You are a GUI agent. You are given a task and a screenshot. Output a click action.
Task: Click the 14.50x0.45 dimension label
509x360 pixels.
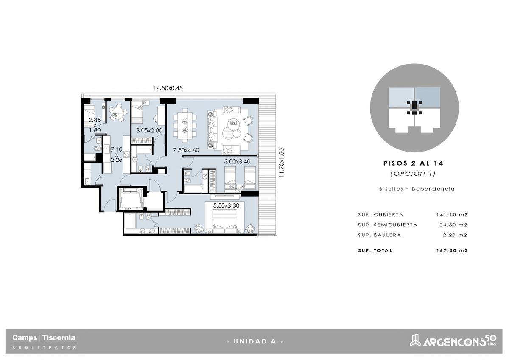point(168,88)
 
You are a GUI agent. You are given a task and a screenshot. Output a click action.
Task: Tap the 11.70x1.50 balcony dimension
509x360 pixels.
point(282,163)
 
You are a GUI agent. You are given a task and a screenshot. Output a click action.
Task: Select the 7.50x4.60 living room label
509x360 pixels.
point(186,150)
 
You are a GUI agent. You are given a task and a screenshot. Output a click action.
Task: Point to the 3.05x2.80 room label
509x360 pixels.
point(149,130)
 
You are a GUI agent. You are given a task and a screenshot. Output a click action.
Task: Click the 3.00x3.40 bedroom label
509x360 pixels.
point(237,162)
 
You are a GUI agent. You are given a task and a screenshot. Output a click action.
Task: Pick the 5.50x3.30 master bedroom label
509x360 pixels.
point(226,206)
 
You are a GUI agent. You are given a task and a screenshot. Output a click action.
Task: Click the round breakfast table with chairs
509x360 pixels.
point(117,112)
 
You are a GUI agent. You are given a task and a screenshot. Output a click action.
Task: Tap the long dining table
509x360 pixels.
point(185,126)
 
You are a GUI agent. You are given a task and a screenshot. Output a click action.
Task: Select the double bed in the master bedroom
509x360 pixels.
point(224,221)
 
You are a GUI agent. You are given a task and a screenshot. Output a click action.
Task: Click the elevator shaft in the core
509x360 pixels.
point(131,198)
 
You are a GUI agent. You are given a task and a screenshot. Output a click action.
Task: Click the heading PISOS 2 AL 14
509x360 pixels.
point(413,163)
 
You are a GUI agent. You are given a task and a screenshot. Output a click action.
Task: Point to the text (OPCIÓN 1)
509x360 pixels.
point(413,174)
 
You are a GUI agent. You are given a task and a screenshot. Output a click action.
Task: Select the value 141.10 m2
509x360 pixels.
point(452,214)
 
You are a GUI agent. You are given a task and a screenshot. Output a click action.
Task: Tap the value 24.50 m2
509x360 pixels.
point(453,225)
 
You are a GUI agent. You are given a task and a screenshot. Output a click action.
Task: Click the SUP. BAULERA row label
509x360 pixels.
point(379,235)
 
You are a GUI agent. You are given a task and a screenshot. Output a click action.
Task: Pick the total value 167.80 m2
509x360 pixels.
point(452,250)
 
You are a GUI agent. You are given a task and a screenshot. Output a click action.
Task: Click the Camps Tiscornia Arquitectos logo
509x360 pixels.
point(44,341)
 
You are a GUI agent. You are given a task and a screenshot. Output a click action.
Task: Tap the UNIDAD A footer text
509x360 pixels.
point(255,341)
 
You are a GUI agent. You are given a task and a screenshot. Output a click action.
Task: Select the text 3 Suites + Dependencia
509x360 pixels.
point(417,189)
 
